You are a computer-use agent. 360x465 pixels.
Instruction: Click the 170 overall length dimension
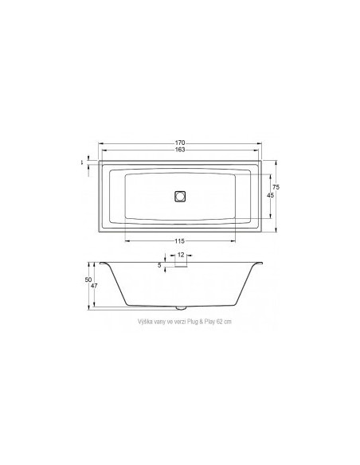tap(180, 143)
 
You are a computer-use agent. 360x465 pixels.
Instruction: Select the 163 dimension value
tap(180, 150)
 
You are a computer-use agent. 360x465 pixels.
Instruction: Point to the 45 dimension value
tap(270, 196)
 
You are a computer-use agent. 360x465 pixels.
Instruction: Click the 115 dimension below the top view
tap(180, 241)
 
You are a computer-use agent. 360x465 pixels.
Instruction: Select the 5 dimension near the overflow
tap(159, 264)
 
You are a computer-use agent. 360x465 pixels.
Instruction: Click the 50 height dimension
tap(88, 279)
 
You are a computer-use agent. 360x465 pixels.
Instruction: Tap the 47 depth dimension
tap(95, 286)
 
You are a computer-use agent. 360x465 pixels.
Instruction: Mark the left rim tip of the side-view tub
tap(100, 263)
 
